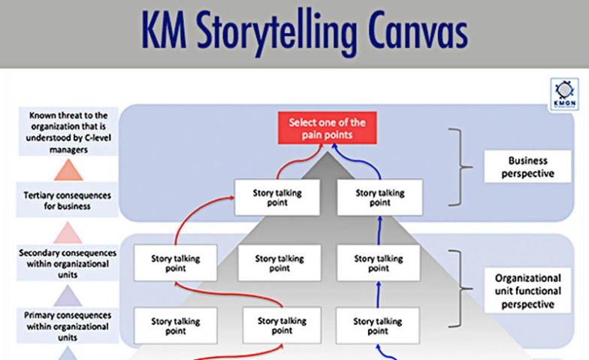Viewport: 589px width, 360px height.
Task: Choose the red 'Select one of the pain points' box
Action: point(327,128)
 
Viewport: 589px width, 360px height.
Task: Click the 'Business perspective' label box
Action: point(527,167)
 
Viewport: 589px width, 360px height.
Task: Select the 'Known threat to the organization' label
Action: point(68,132)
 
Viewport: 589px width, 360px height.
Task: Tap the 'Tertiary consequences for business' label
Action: point(68,201)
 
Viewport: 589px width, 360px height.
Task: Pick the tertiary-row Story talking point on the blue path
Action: point(380,197)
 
